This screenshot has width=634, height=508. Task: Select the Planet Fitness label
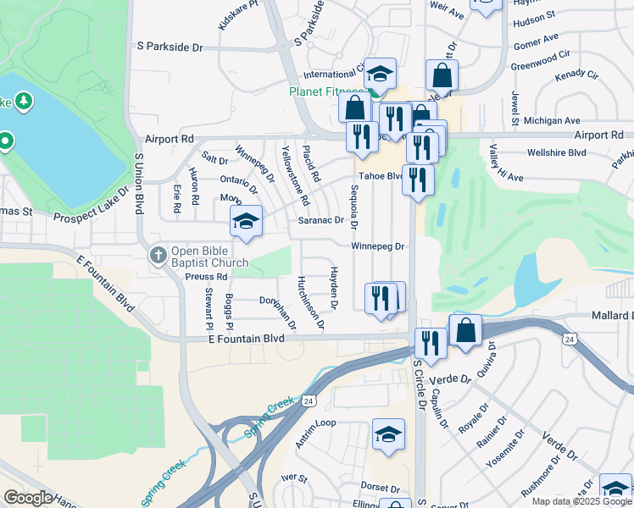[326, 92]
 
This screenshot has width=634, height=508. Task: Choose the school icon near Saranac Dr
[246, 222]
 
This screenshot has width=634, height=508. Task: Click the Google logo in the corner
[29, 498]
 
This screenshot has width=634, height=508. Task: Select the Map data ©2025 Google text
[581, 501]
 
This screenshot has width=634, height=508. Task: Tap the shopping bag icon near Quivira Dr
[465, 331]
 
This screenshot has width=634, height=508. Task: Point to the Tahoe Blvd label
[379, 176]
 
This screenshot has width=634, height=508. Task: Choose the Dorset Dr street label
[379, 489]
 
